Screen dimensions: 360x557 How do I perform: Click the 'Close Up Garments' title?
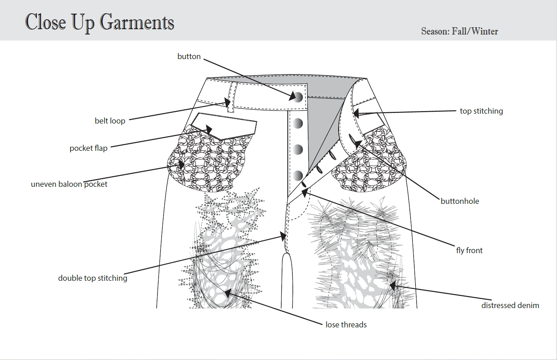pyautogui.click(x=100, y=22)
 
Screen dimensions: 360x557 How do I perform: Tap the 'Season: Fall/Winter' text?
pyautogui.click(x=460, y=31)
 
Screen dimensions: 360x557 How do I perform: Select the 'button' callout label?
pyautogui.click(x=189, y=56)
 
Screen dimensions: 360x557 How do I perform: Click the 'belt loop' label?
pyautogui.click(x=110, y=121)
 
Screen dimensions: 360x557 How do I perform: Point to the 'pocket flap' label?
pyautogui.click(x=88, y=148)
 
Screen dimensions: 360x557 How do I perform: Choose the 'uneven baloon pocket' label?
pyautogui.click(x=69, y=184)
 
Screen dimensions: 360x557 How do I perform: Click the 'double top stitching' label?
pyautogui.click(x=93, y=278)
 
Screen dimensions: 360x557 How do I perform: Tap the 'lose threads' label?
pyautogui.click(x=346, y=325)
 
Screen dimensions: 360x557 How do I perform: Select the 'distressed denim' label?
pyautogui.click(x=510, y=305)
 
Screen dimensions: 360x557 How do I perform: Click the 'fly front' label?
pyautogui.click(x=469, y=250)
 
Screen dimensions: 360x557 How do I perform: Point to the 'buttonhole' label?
pyautogui.click(x=460, y=201)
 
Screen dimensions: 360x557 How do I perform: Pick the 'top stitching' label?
pyautogui.click(x=481, y=111)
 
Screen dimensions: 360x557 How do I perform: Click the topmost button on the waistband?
pyautogui.click(x=298, y=97)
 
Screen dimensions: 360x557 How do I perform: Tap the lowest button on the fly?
pyautogui.click(x=298, y=175)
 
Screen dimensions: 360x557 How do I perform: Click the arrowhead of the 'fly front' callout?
pyautogui.click(x=304, y=193)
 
